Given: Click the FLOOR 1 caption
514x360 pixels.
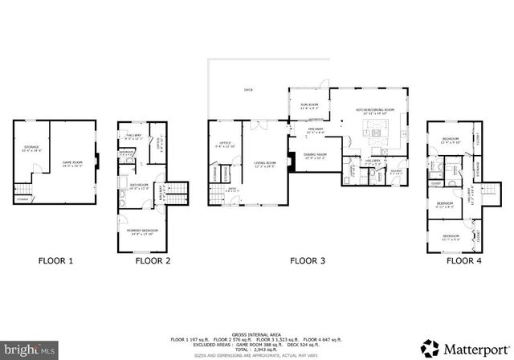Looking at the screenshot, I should click(x=55, y=260).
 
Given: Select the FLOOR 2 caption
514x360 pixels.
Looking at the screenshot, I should click(x=153, y=260).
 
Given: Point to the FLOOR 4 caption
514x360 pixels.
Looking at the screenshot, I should click(x=464, y=260).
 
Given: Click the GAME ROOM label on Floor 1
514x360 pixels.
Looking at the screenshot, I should click(x=73, y=164).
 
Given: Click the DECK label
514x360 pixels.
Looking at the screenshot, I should click(x=248, y=90).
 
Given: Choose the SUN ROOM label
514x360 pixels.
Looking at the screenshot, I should click(x=310, y=104).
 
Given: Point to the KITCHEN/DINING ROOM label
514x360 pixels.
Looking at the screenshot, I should click(x=378, y=111).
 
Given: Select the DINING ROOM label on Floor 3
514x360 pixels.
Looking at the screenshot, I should click(x=314, y=156).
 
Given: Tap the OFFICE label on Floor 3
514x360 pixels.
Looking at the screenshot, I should click(x=224, y=145).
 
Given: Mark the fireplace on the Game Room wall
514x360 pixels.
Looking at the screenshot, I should click(x=96, y=159).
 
